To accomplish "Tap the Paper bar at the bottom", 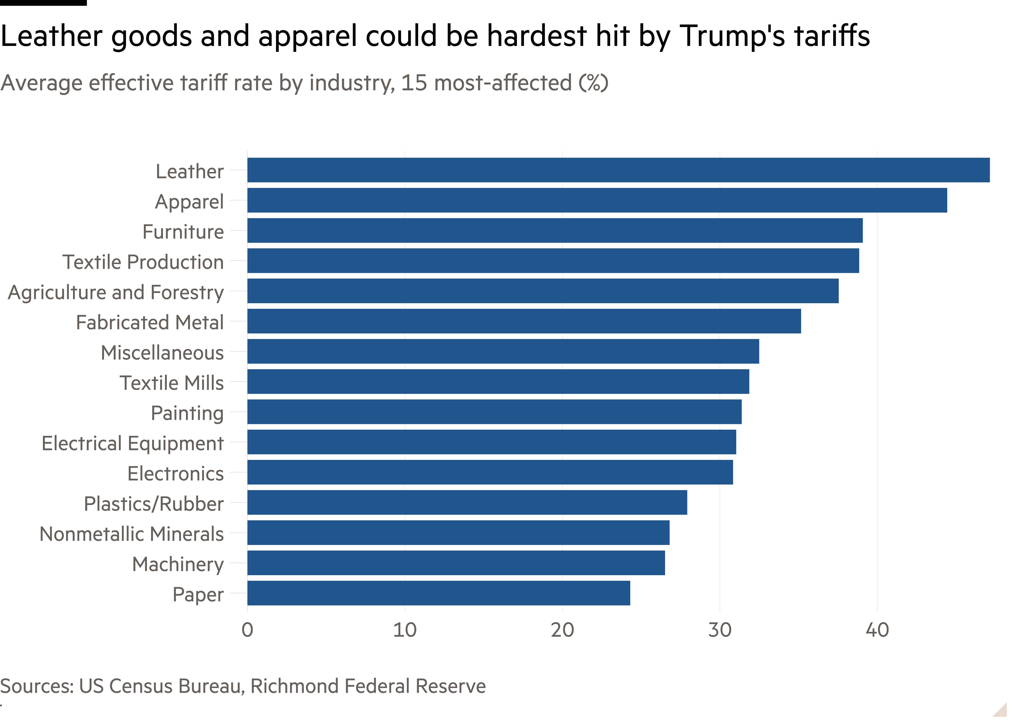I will (x=439, y=593).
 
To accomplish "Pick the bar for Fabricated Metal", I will (x=524, y=321).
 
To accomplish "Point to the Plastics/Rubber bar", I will (x=467, y=502).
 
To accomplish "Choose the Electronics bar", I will (x=490, y=472).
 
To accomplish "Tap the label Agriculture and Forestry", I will (x=116, y=292).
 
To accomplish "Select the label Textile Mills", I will (x=172, y=383).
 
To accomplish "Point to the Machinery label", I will (x=178, y=564).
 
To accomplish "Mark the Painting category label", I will (x=187, y=413).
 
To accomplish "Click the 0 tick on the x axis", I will (x=247, y=630).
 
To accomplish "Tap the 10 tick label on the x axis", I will (x=405, y=630).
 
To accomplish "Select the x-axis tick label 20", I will (x=562, y=630).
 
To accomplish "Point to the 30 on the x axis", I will (x=720, y=630).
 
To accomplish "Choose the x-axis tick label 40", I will (x=877, y=630).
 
